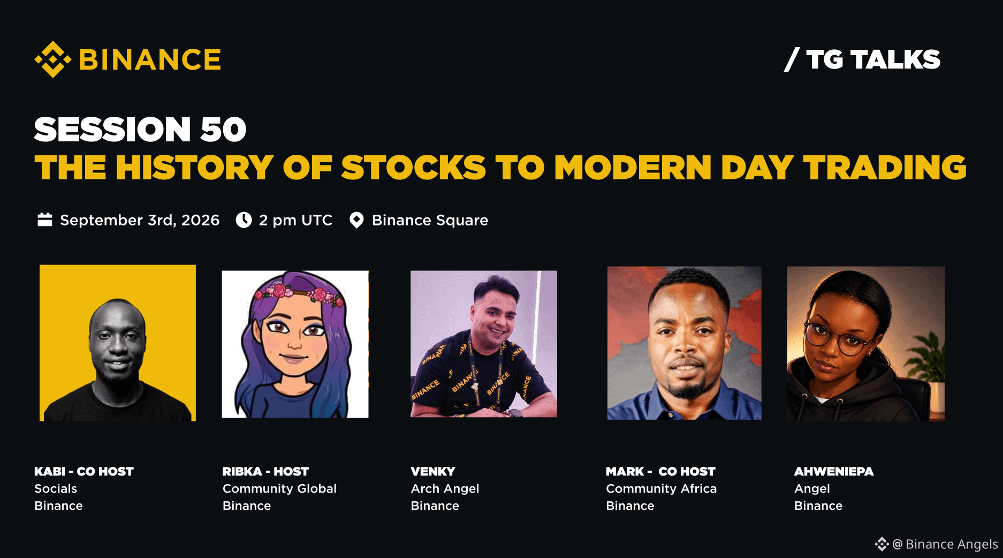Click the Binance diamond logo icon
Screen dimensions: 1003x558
tap(52, 59)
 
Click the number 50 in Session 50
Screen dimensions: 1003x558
tap(223, 130)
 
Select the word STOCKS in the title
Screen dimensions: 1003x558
tap(413, 168)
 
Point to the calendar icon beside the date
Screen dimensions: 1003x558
tap(45, 220)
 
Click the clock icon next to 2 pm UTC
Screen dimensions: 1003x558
tap(244, 220)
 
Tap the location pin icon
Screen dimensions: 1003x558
tap(356, 220)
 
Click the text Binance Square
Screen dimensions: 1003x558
tap(430, 220)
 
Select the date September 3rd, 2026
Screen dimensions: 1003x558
tap(140, 220)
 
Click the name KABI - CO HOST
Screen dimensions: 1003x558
tap(84, 471)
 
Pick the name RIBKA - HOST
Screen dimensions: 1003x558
tap(265, 471)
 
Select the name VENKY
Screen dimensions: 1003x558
tap(433, 471)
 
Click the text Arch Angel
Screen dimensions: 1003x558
tap(445, 488)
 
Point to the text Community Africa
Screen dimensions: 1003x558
tap(661, 488)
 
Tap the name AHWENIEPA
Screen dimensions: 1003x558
tap(834, 471)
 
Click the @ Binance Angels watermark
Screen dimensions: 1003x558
tap(937, 544)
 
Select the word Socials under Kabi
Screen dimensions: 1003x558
tap(56, 488)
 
